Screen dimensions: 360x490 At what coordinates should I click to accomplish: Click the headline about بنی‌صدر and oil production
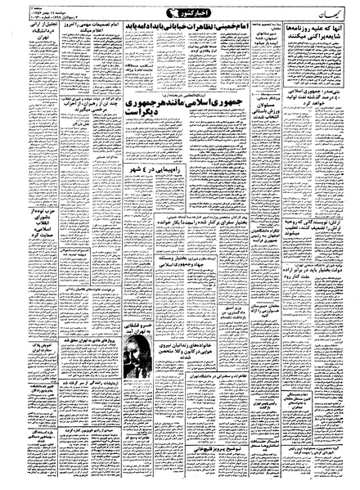pos(320,124)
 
